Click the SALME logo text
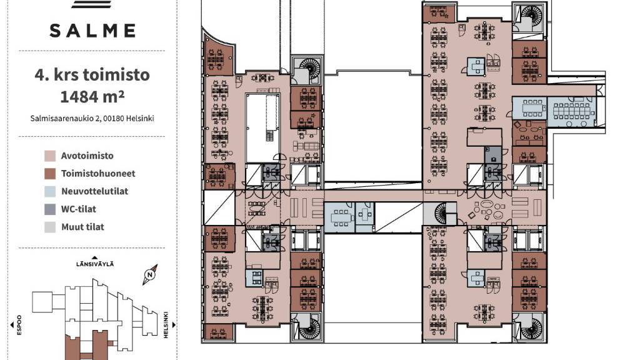[x=92, y=31]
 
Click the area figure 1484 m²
[x=92, y=97]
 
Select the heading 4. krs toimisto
[x=92, y=75]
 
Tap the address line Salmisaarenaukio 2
[x=92, y=118]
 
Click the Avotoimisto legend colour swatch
[x=50, y=156]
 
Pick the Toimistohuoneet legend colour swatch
[x=50, y=174]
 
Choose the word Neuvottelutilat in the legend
[x=95, y=191]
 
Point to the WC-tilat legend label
[x=79, y=209]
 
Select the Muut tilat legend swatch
[x=50, y=227]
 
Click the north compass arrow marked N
[x=150, y=275]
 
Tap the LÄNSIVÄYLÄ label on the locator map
[x=95, y=264]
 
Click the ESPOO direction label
[x=19, y=325]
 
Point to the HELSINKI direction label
[x=166, y=325]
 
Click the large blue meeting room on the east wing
[x=571, y=111]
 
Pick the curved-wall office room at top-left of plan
[x=218, y=56]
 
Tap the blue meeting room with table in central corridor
[x=339, y=217]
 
